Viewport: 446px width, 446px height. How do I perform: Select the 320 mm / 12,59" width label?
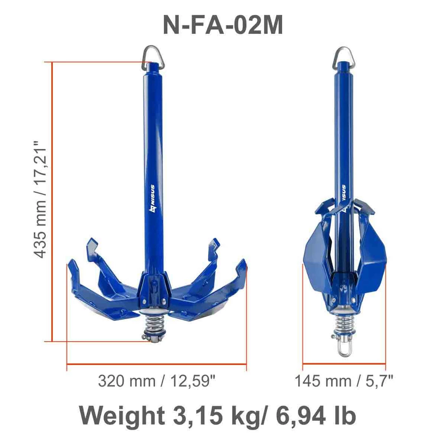[157, 381]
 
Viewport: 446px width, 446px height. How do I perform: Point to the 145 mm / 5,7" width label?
[344, 381]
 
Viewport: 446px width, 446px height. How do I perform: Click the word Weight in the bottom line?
[121, 415]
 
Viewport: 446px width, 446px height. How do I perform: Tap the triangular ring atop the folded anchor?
[342, 55]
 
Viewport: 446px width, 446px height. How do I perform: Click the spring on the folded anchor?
[343, 320]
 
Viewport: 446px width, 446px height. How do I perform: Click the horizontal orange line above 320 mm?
[157, 364]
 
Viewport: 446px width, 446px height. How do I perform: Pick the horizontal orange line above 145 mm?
[344, 364]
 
